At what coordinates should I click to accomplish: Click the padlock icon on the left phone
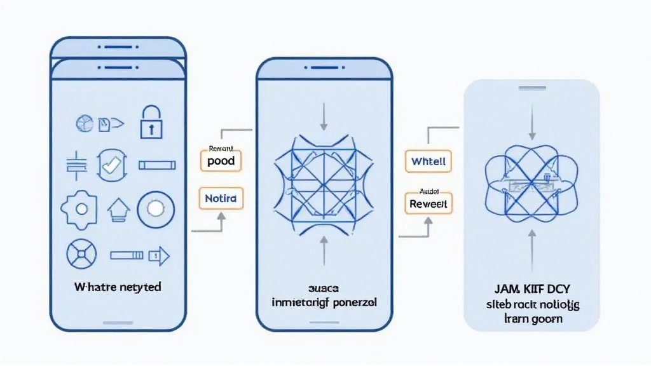point(151,122)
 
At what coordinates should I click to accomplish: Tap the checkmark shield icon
point(111,165)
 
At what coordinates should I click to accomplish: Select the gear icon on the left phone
point(80,208)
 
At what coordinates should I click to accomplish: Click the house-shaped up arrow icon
point(117,208)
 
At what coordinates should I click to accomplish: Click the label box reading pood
point(221,161)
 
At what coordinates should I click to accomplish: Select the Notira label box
point(221,199)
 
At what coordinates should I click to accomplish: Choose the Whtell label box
point(428,161)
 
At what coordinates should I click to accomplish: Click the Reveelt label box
point(428,203)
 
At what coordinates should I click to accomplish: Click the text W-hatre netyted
point(118,287)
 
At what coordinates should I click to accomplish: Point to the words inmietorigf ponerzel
point(324,303)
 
